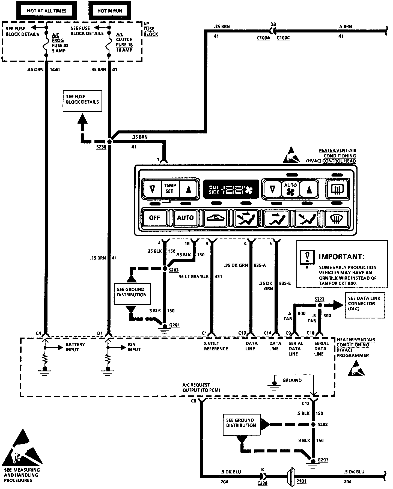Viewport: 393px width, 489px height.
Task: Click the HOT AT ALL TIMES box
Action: (x=46, y=11)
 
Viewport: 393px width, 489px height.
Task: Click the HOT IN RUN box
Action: (x=110, y=11)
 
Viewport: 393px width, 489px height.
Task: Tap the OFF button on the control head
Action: (x=154, y=218)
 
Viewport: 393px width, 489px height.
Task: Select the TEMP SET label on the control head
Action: (x=170, y=188)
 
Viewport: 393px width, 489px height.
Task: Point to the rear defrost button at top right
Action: (x=338, y=189)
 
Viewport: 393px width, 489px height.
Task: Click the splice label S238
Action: (x=101, y=147)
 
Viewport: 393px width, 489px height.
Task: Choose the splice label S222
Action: (x=319, y=299)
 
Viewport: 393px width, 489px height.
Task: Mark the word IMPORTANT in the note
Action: (x=341, y=257)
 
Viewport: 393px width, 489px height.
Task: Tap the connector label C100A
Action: (x=263, y=38)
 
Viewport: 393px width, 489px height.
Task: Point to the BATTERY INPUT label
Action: (x=75, y=347)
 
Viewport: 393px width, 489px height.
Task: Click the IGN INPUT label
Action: (x=134, y=347)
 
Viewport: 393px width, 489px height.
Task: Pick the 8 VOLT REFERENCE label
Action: (x=216, y=346)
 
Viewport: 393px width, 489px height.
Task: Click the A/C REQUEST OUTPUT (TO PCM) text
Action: (x=201, y=387)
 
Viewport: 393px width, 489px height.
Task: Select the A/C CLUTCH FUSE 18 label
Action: (x=124, y=42)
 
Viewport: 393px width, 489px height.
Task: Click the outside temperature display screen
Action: (x=231, y=189)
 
